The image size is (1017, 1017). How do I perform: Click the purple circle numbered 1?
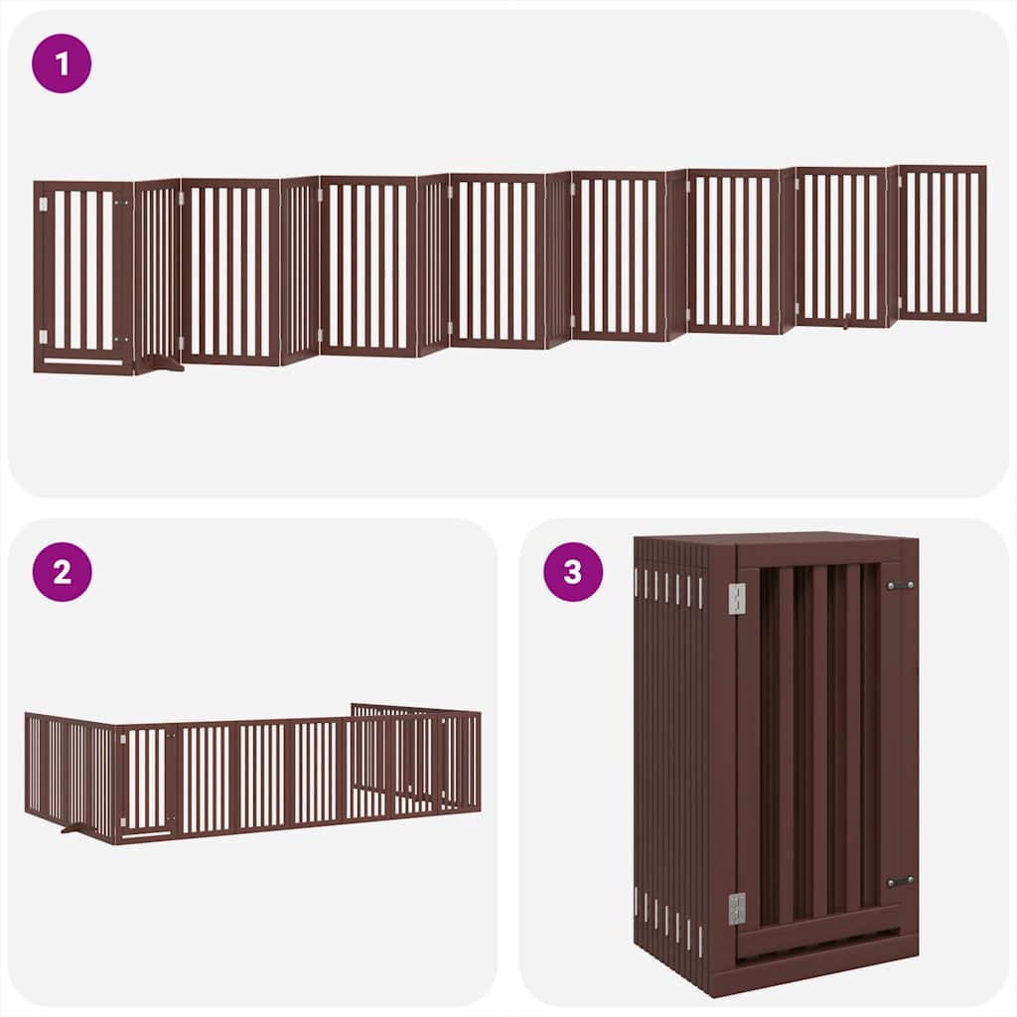point(62,64)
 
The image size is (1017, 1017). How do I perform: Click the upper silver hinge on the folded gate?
point(736,598)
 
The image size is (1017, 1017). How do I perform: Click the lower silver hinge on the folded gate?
point(736,908)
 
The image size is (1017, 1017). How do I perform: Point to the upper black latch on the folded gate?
point(900,586)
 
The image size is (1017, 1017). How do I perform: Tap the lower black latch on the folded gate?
point(900,881)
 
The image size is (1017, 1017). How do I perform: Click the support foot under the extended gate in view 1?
point(159,365)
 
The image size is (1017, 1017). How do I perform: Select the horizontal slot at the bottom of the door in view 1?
point(83,362)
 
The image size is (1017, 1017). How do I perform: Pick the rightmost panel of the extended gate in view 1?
point(942,243)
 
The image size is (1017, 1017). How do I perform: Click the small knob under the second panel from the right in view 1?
point(844,321)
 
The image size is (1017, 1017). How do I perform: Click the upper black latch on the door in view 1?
point(122,204)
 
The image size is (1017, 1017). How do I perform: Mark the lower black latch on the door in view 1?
point(122,340)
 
